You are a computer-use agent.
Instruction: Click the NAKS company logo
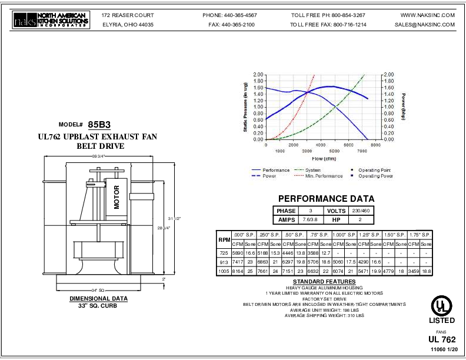point(51,21)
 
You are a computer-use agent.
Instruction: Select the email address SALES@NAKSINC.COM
point(425,25)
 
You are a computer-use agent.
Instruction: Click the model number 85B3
point(99,125)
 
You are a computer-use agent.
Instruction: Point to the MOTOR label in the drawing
point(116,198)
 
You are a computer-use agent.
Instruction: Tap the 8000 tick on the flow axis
point(376,145)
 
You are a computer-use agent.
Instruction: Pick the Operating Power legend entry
point(375,176)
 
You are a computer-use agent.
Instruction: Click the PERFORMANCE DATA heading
point(326,199)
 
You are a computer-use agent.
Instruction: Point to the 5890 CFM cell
point(238,252)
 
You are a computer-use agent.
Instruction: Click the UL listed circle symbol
point(441,305)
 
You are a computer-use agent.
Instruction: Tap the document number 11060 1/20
point(444,350)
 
